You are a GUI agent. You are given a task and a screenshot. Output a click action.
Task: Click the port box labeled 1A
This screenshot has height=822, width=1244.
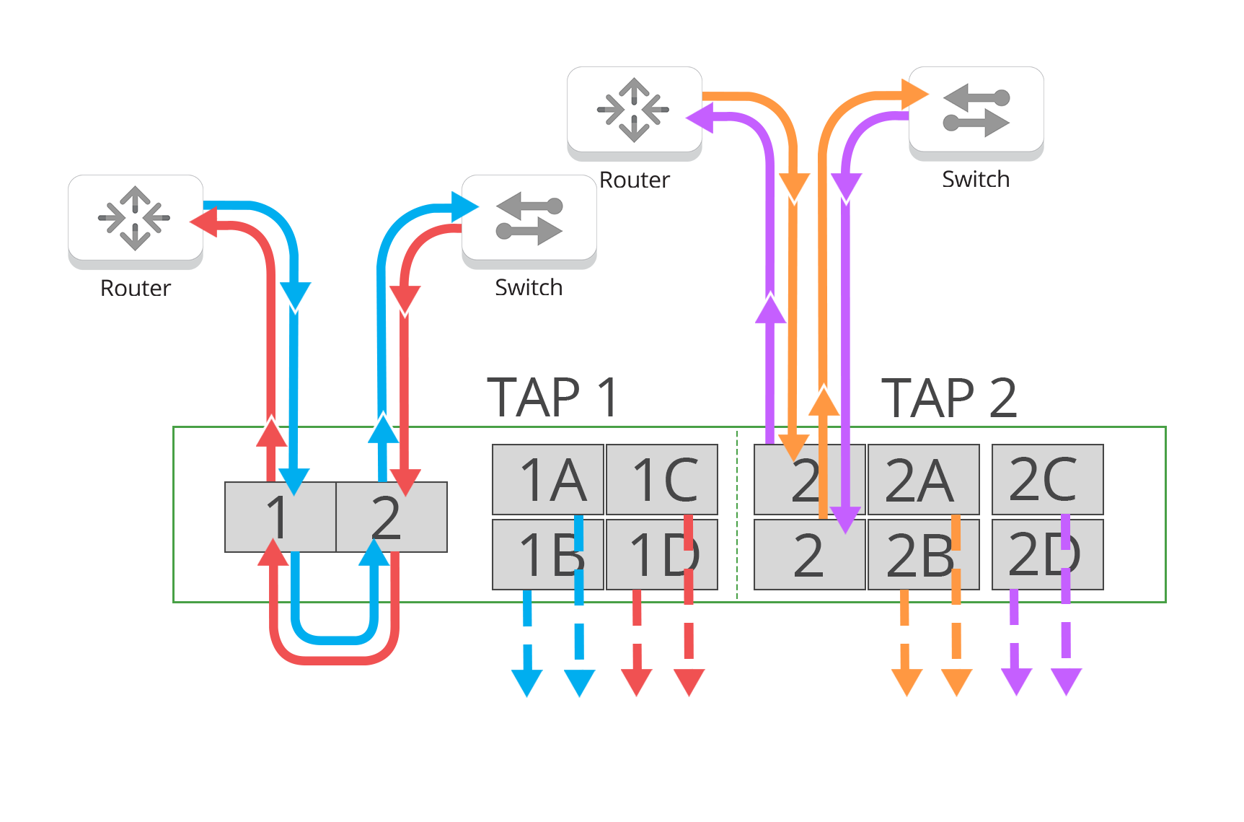(547, 479)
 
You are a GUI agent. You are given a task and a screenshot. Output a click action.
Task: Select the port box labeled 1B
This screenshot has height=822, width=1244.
(547, 554)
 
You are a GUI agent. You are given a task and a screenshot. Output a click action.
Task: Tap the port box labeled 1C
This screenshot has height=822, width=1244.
(661, 479)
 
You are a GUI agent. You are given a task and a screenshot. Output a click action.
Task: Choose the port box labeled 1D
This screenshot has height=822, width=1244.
(661, 554)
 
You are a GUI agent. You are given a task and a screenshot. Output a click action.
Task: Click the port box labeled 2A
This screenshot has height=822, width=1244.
(923, 479)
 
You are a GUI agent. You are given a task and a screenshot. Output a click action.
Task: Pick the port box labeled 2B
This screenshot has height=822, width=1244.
(923, 554)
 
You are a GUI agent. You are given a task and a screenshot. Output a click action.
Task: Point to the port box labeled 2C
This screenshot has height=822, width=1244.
(1047, 479)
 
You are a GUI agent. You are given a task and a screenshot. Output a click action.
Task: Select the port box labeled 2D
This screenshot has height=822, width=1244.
(1047, 554)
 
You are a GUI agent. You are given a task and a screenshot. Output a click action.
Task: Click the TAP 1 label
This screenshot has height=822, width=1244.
(552, 397)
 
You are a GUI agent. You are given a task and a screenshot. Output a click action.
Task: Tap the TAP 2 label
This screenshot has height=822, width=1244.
(948, 397)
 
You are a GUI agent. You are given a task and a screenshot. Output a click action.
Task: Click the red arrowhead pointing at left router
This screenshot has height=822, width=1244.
(203, 222)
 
